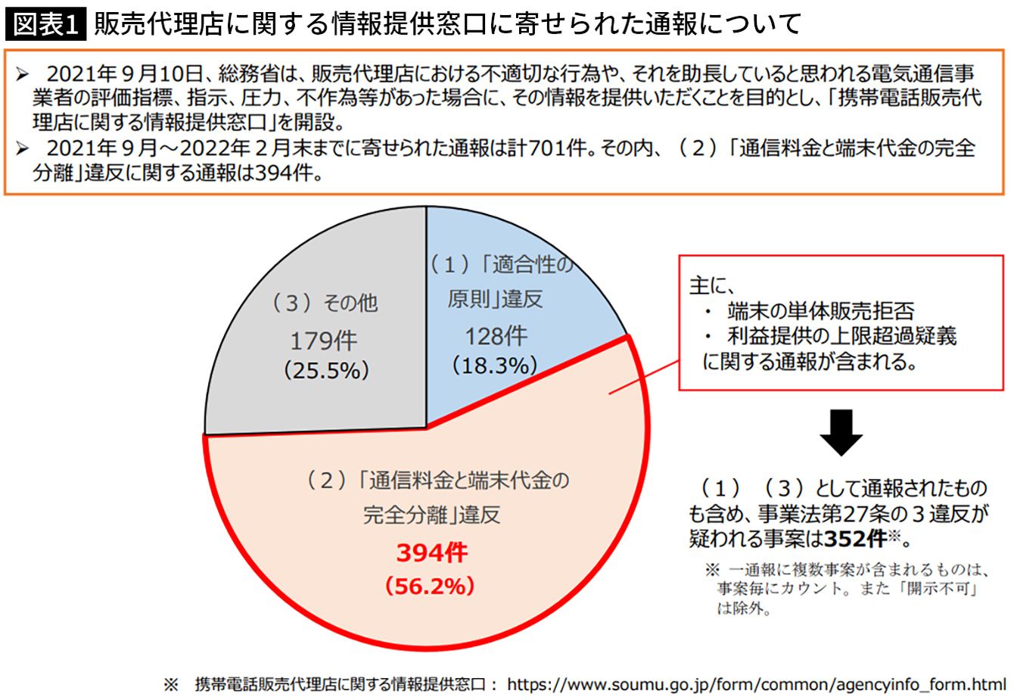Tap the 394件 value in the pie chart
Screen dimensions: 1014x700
click(x=431, y=552)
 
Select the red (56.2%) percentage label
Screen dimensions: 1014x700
click(x=430, y=586)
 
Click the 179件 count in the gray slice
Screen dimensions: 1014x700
click(x=324, y=341)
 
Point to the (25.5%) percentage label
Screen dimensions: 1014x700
click(x=326, y=370)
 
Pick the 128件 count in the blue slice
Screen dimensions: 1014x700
click(x=496, y=336)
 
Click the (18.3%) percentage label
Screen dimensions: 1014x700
click(x=495, y=366)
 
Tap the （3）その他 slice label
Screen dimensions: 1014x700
click(x=325, y=303)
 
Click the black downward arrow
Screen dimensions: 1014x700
click(x=841, y=432)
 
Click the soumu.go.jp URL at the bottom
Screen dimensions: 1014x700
click(x=757, y=684)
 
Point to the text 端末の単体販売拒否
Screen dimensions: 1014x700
click(x=821, y=311)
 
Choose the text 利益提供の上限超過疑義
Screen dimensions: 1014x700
click(x=842, y=336)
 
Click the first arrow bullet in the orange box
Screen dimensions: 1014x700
click(x=22, y=74)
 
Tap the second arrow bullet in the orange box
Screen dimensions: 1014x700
click(x=22, y=148)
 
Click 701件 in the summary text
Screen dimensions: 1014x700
click(x=558, y=148)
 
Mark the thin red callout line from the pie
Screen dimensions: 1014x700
click(x=644, y=378)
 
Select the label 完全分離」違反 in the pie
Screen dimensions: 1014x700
click(x=431, y=515)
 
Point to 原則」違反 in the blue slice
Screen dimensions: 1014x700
click(x=495, y=299)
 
